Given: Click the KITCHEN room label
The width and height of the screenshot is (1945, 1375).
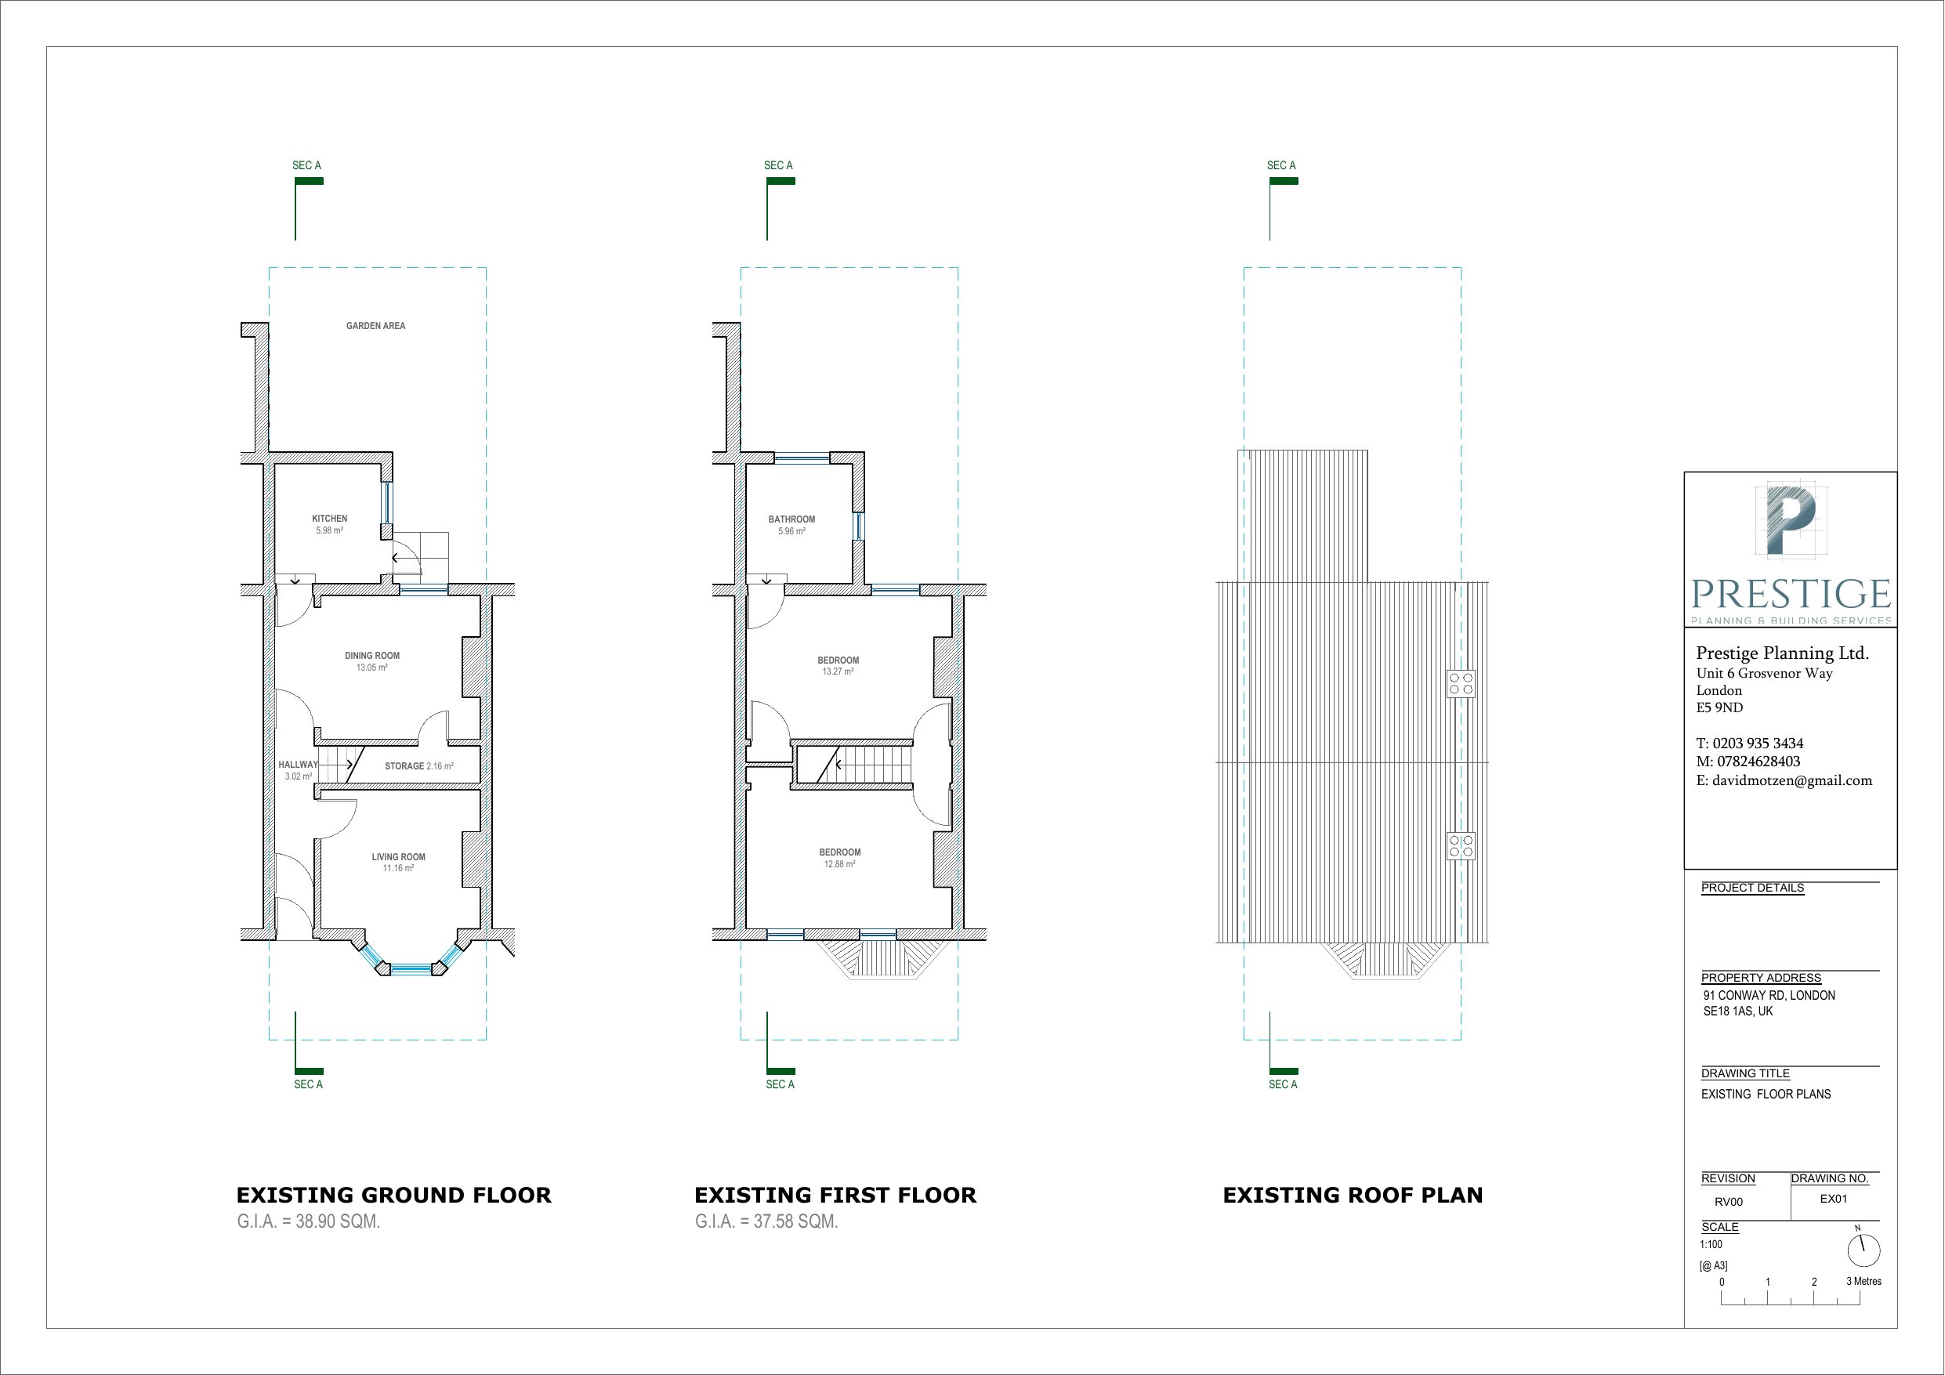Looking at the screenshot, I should pos(330,519).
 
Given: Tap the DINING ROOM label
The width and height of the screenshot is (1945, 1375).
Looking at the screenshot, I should pos(372,656).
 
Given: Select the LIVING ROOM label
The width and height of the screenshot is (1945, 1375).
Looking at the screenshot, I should pos(398,856).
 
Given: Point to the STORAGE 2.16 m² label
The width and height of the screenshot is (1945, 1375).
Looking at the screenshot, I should pos(418,766).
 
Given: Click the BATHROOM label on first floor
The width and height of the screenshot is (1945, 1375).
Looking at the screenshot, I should pos(791,519).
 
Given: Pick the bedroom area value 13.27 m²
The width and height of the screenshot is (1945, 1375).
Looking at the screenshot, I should pos(838,671).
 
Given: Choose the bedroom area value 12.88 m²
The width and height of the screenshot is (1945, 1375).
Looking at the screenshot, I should pos(839,864).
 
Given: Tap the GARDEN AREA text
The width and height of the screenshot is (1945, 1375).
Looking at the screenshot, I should pos(375,326).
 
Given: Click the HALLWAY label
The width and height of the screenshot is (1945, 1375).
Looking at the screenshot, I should pos(297,764).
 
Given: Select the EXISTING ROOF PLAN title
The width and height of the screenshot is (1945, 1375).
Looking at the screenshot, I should pos(1353,1196).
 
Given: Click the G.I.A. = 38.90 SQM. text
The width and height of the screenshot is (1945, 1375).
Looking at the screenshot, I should pos(308,1221).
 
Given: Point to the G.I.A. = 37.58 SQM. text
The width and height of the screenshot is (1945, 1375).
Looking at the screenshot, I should pos(766,1221).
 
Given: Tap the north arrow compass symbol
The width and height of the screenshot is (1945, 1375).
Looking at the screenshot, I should pos(1863,1250).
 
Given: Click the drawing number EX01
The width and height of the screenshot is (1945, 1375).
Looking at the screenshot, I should pos(1833,1199).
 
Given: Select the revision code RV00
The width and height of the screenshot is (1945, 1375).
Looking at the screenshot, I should pos(1728,1202).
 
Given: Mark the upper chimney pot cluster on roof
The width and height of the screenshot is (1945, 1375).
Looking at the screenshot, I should pos(1461,684).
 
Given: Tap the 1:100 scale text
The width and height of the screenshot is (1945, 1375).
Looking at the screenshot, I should pos(1711,1244).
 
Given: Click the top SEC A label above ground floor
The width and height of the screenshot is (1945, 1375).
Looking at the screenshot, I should pos(306,165).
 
